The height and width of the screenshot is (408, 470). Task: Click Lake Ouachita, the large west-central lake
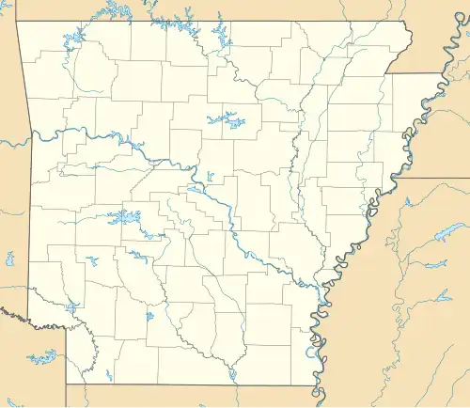(x=124, y=218)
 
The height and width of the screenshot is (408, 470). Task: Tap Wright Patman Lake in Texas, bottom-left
(x=42, y=358)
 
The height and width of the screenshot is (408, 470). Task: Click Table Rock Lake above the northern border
(x=113, y=10)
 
